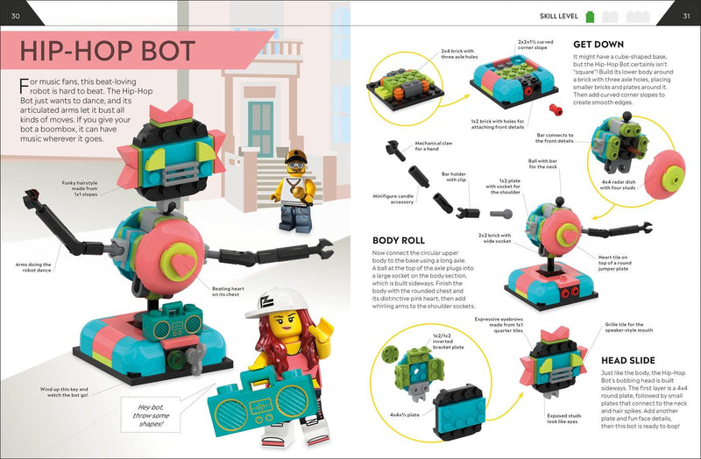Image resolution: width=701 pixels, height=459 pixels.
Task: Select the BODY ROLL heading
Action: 400,238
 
